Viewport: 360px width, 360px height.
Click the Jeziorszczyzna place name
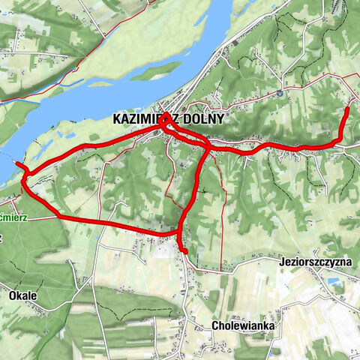(x=314, y=262)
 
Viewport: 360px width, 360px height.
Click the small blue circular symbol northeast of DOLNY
(x=278, y=94)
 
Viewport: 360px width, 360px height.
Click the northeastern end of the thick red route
(x=347, y=110)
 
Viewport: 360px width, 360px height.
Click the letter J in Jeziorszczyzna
(x=279, y=262)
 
